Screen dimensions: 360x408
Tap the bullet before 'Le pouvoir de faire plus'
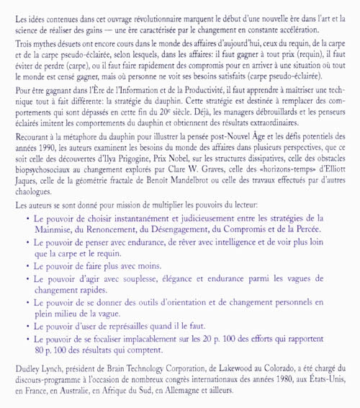click(27, 264)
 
